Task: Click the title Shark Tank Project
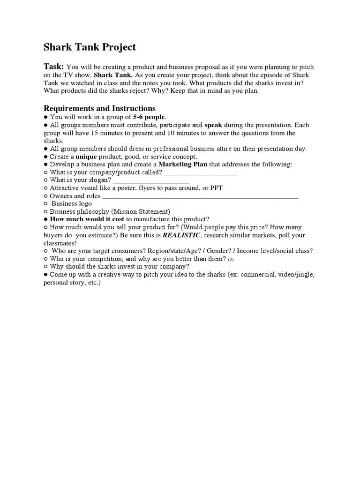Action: click(90, 47)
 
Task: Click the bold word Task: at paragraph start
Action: click(54, 67)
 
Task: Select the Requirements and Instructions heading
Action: click(99, 108)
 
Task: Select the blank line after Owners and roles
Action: click(200, 196)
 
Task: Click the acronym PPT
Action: click(216, 188)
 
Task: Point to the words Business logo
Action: click(72, 204)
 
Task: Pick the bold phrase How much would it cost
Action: click(87, 219)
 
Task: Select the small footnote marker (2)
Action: click(231, 259)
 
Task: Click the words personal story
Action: click(63, 283)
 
